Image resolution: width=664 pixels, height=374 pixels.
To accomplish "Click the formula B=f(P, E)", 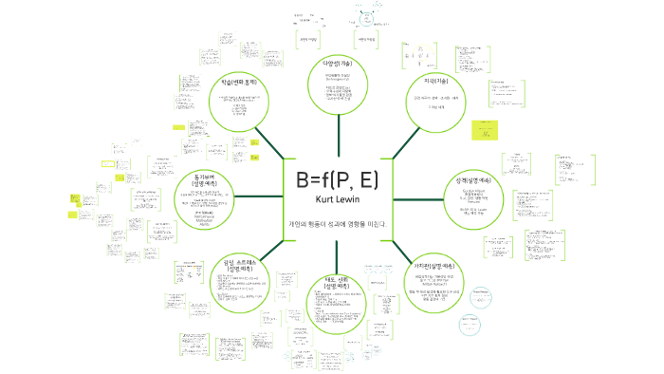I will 337,181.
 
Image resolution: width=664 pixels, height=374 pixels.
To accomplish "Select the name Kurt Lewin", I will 337,201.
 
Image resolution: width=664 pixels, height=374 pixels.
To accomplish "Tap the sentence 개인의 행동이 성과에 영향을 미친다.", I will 338,224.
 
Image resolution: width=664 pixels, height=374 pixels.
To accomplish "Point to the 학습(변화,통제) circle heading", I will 240,83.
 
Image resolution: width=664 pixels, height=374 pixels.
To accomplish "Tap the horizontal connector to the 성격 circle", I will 417,197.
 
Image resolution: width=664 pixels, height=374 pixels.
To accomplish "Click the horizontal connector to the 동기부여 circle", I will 259,197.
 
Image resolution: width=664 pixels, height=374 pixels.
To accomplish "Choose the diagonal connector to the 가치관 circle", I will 396,249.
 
